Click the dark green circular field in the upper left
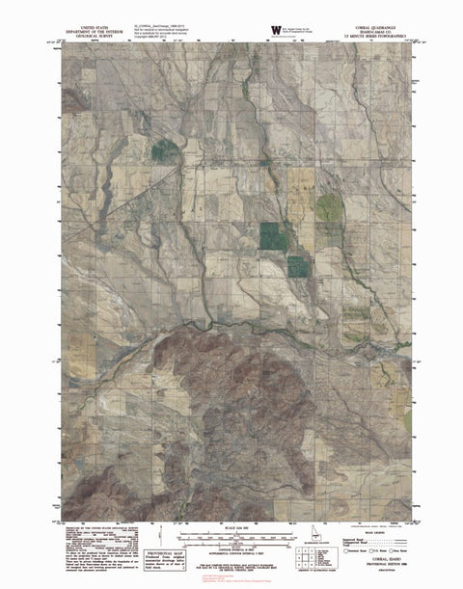pyautogui.click(x=165, y=149)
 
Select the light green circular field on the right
pyautogui.click(x=330, y=208)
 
